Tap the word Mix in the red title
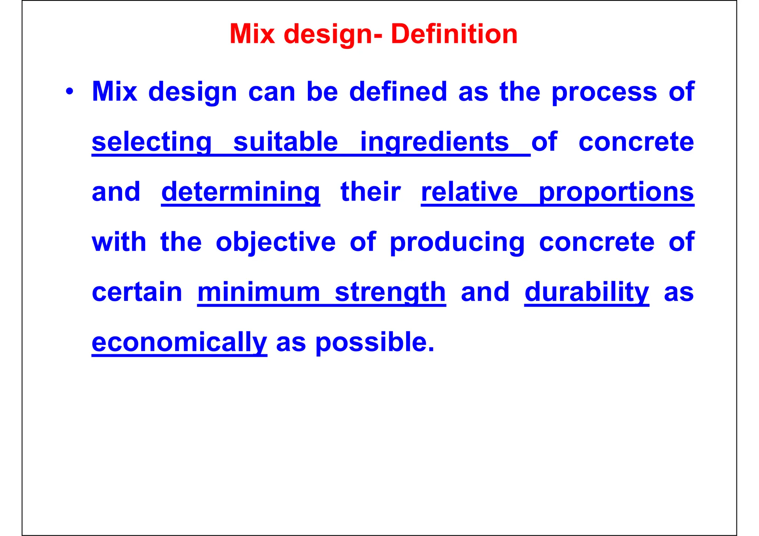coord(252,34)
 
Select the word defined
coord(398,91)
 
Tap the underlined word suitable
coord(286,142)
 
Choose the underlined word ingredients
coord(435,142)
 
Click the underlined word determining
coord(241,192)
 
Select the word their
coord(371,192)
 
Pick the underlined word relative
coord(469,192)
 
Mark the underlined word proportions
coord(616,193)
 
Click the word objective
coord(276,242)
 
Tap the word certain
coord(137,292)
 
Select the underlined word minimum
coord(259,292)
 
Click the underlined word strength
coord(390,292)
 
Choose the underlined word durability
coord(587,292)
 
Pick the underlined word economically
coord(179,342)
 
